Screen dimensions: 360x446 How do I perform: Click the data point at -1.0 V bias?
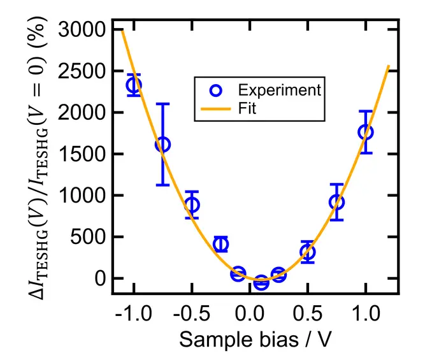134,85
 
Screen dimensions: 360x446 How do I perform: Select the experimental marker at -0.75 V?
163,145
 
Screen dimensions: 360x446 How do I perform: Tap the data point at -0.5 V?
192,205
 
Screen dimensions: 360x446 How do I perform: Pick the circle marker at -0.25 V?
221,245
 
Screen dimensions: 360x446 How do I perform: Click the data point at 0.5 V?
308,252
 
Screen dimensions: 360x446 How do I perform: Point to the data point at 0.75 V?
336,202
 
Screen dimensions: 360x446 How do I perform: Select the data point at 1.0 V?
366,132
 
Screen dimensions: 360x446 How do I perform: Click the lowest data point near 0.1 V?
261,283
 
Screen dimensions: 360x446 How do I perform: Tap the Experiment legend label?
280,90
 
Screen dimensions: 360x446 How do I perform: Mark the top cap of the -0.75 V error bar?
163,104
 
